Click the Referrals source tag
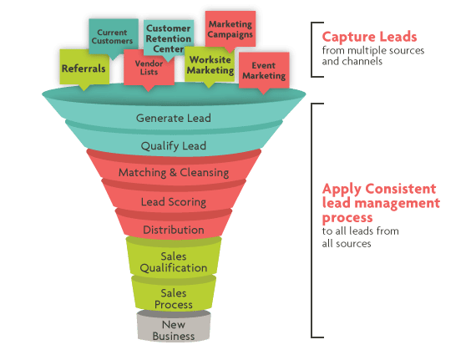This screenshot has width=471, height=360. coord(84,68)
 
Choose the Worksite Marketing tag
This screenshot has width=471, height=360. coord(210,65)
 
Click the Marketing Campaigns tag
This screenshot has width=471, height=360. coord(230,29)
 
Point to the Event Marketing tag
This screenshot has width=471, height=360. coord(264,71)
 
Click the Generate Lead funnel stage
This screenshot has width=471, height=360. coord(174,118)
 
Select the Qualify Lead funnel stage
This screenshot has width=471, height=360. coord(174,145)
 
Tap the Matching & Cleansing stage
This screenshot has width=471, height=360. coord(174,173)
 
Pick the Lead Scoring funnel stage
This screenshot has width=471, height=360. coord(174,201)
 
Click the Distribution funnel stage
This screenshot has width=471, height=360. coord(174,230)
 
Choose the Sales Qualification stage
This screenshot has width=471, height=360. coord(174,262)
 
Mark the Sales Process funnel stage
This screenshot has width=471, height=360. coord(174,299)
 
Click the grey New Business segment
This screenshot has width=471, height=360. coord(174,330)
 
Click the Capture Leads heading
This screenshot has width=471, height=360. coord(369,37)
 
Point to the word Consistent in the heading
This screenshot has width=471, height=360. coord(401,189)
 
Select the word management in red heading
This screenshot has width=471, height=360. coord(398,203)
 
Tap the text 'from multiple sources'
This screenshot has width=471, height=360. coord(373,50)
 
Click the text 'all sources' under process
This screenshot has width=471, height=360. coord(347,243)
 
